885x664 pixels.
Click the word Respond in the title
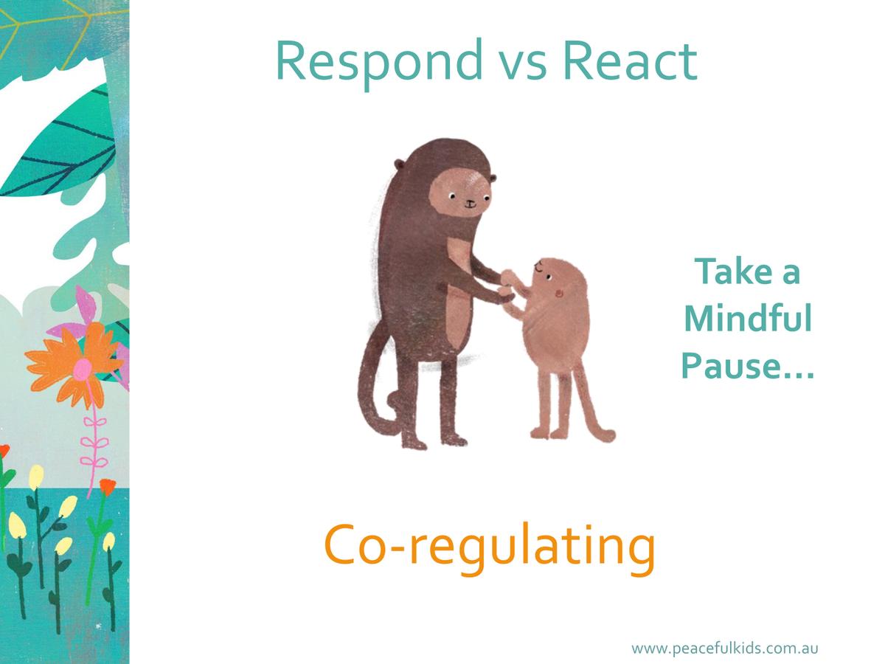[x=379, y=63]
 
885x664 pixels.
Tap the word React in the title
[x=630, y=60]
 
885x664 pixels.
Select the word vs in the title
[x=523, y=66]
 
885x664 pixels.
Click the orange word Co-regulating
[x=489, y=549]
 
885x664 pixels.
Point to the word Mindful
[x=748, y=319]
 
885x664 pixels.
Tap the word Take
[x=734, y=271]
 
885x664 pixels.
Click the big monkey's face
[x=459, y=193]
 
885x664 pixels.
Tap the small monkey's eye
[x=548, y=277]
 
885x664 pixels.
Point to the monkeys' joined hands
[x=507, y=287]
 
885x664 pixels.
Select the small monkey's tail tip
[x=608, y=435]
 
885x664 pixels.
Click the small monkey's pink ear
[x=559, y=293]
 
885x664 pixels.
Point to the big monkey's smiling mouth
[x=470, y=204]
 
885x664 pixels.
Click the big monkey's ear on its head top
[x=399, y=165]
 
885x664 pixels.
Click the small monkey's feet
[x=549, y=433]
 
